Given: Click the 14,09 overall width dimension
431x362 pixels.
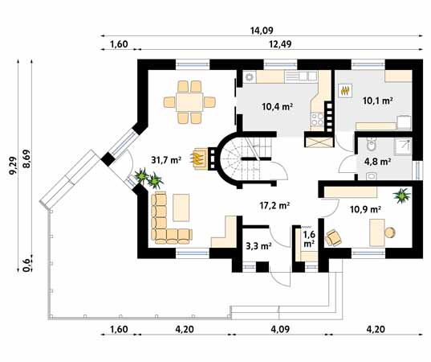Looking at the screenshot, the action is coord(262,31).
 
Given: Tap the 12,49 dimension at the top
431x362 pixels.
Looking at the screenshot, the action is coord(280,44).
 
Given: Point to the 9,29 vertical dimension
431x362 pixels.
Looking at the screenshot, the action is coord(13,165).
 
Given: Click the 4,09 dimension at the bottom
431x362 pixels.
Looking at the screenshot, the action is coord(280,329).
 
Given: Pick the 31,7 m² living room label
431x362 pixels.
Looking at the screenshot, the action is coord(166,160).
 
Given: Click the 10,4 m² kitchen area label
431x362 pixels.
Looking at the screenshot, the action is coord(277,106).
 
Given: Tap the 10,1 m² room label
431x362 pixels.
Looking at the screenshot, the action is coord(377,101).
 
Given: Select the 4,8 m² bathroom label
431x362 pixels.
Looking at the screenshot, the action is coord(377,162).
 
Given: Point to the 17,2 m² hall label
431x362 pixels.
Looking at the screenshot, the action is coord(274,205).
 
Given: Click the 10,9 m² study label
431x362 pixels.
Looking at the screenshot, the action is coord(365,210).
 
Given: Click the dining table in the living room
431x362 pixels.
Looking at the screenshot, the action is coord(189,102).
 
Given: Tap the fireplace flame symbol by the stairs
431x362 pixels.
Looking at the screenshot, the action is coord(198,158).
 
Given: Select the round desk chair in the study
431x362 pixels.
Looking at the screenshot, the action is coord(390,232).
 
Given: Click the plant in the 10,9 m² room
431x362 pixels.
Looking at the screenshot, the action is coord(401,195).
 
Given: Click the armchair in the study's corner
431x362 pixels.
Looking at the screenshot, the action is coord(333,237).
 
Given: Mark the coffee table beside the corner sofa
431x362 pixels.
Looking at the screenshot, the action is coord(181,208).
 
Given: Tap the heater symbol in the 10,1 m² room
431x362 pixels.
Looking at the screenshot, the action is coord(345,90).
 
